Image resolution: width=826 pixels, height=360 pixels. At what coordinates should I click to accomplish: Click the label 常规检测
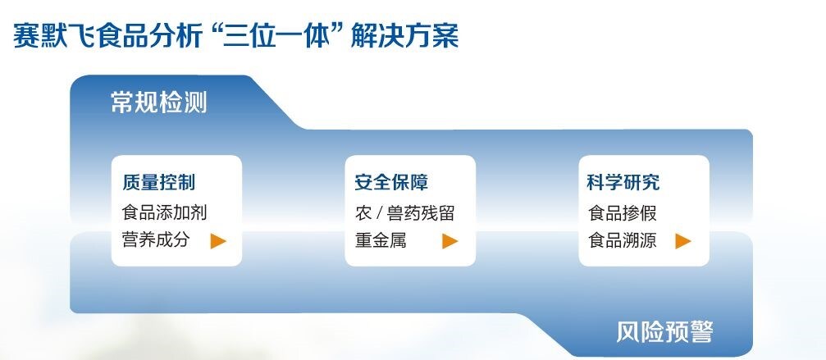click(158, 103)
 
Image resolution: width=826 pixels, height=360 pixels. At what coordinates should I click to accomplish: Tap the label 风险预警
click(664, 331)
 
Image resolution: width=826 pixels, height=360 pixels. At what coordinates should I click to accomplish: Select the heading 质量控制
click(158, 182)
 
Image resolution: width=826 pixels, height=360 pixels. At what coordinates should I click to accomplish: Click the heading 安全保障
click(391, 182)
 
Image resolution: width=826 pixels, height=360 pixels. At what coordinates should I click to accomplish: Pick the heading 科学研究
click(623, 182)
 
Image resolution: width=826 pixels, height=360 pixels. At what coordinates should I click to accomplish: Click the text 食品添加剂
click(164, 212)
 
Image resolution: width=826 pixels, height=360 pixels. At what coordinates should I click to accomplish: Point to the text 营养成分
click(156, 240)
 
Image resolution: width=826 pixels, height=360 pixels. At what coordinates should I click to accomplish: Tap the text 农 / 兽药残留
click(404, 213)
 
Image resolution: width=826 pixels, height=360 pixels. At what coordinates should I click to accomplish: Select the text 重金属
click(381, 240)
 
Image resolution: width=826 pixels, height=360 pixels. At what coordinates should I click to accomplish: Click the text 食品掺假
click(622, 213)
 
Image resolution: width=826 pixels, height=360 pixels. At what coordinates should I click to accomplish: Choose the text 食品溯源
click(622, 240)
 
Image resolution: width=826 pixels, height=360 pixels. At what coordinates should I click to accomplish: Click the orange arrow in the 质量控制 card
click(218, 241)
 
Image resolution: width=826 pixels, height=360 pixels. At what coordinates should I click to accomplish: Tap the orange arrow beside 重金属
click(450, 241)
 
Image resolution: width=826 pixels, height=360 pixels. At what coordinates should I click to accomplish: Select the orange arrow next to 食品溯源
click(683, 241)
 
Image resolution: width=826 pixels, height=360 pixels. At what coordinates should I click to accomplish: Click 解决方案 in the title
click(404, 36)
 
